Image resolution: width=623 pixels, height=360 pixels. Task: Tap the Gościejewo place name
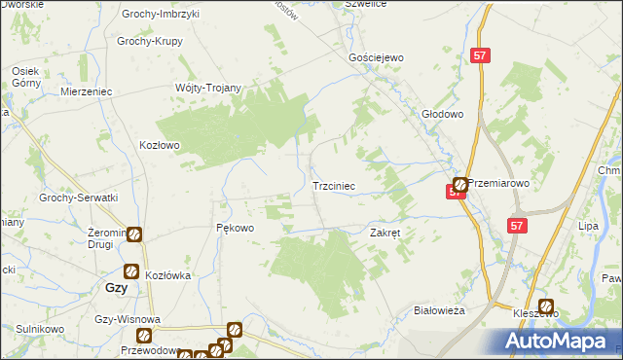[x=377, y=58]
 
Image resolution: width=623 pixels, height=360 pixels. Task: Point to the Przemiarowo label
[x=498, y=182]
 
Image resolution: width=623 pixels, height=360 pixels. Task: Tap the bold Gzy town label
[x=115, y=289]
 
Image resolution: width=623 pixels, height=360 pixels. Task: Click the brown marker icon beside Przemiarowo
[x=459, y=183]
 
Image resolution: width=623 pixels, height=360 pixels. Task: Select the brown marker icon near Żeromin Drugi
[x=134, y=234]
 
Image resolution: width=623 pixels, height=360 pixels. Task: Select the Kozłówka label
[x=167, y=275]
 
